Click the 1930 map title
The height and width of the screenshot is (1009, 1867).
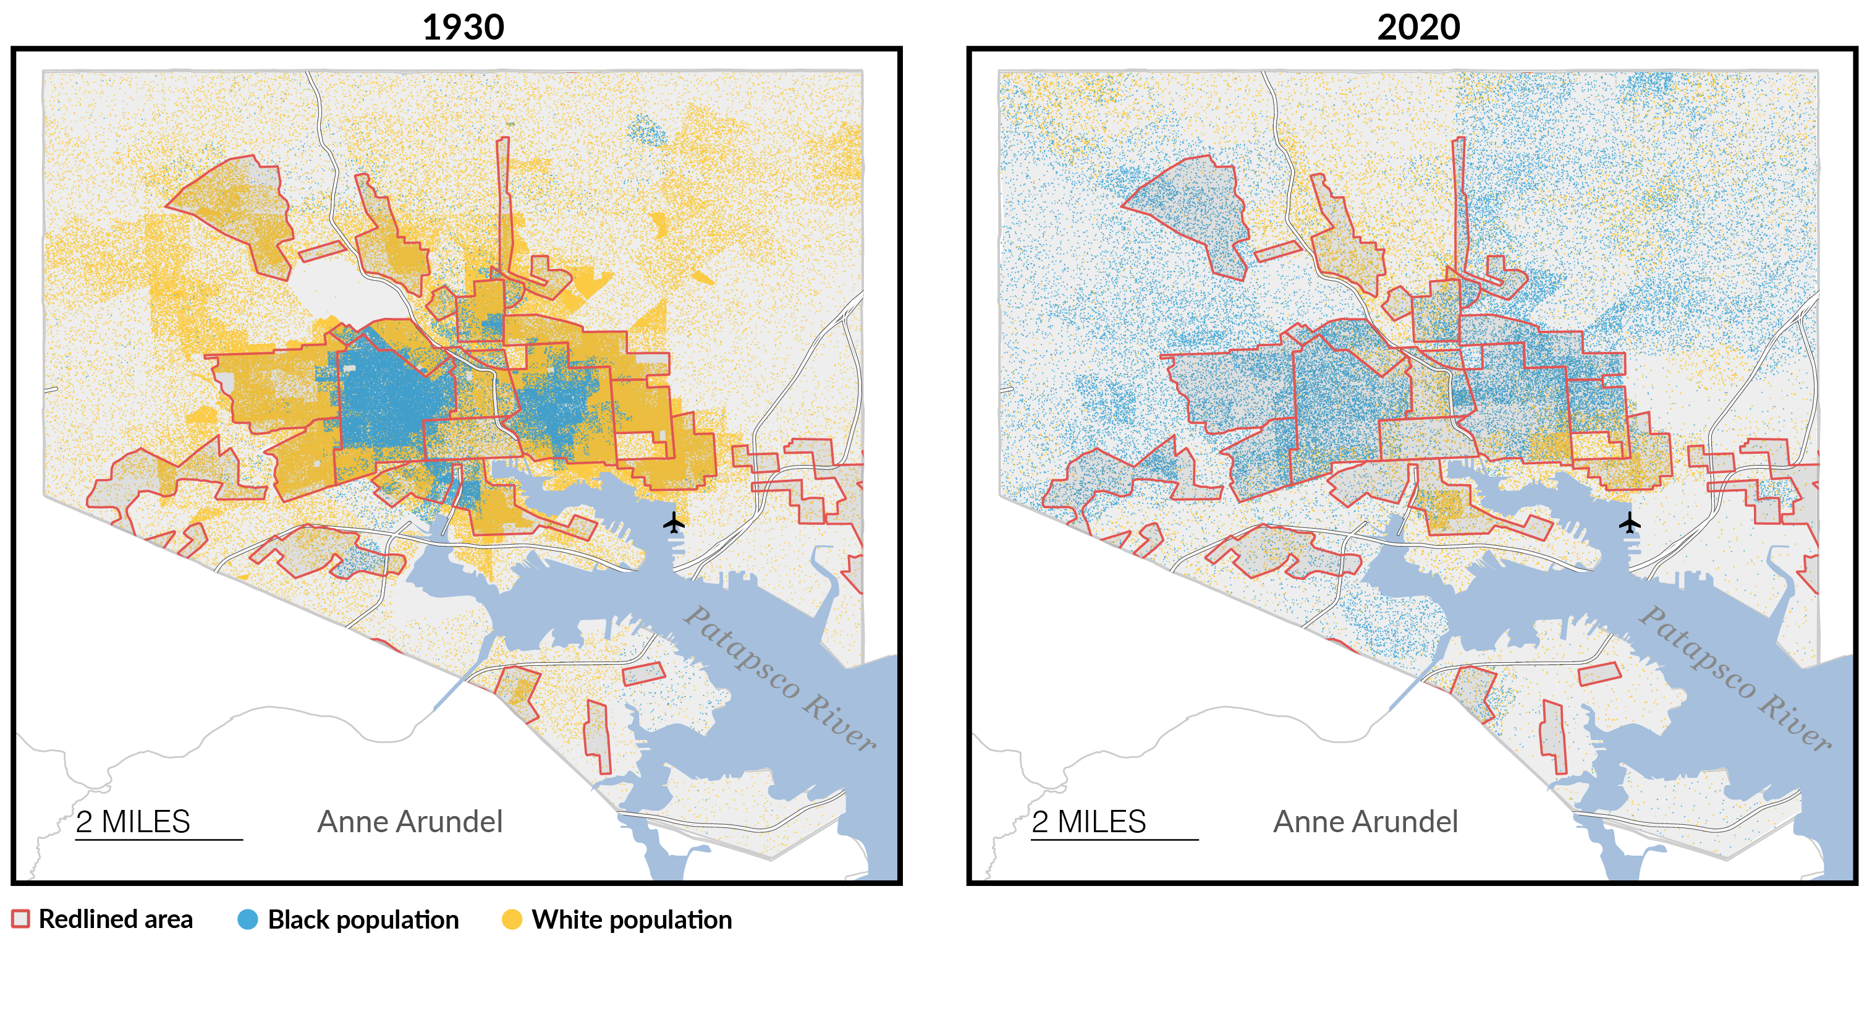click(463, 28)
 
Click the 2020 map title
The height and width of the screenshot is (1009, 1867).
click(1418, 28)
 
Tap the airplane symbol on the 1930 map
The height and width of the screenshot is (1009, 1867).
click(674, 522)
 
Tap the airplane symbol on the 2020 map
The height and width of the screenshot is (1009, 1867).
click(1630, 522)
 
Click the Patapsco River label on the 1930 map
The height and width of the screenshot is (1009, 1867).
click(780, 678)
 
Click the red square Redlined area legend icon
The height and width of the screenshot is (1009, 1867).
click(20, 919)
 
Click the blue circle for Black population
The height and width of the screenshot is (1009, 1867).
click(248, 919)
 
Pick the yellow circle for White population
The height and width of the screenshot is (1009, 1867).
click(512, 919)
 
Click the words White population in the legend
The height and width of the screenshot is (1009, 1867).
click(632, 919)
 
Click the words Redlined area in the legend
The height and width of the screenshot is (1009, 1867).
click(116, 919)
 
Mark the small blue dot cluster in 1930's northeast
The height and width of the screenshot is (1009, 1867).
click(646, 131)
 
